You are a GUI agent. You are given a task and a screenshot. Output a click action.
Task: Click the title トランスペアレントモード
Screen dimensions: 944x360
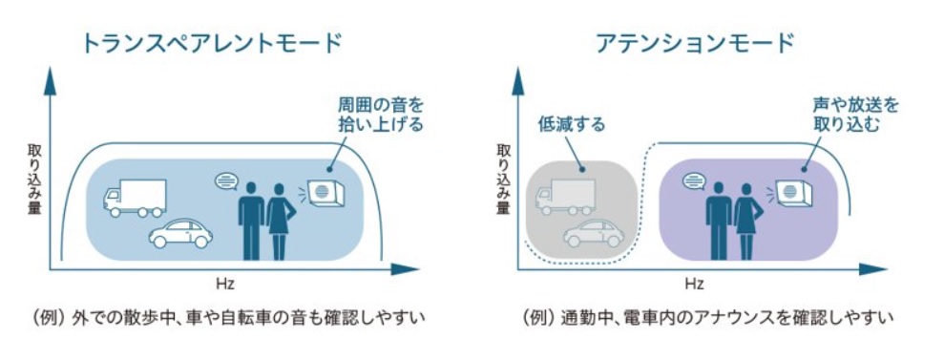tap(212, 43)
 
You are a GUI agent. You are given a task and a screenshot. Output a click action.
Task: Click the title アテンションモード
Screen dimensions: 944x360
tap(696, 43)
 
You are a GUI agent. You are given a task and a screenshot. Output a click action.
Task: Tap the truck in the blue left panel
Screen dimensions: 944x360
tap(135, 198)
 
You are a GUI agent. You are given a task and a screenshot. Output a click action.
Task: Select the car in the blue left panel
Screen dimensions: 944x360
tap(180, 234)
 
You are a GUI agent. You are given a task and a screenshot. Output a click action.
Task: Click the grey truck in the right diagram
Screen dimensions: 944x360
tap(565, 197)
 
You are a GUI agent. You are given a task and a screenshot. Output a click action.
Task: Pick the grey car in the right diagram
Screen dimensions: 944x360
tap(594, 232)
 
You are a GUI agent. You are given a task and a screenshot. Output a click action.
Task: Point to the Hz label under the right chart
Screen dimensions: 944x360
tap(694, 283)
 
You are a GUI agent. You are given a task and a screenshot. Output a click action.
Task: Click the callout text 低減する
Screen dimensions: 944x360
tap(572, 126)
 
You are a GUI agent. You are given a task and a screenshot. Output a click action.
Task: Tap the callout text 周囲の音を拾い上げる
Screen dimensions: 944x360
tap(380, 115)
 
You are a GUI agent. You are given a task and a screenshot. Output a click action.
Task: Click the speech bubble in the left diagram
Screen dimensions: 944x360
tap(227, 180)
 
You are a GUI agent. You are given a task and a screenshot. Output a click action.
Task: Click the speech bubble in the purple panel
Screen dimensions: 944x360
tap(694, 180)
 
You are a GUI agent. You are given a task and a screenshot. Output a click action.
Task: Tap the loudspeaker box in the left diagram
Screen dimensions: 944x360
tap(325, 193)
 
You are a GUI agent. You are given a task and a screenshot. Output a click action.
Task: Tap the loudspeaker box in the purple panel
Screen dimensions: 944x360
tap(793, 193)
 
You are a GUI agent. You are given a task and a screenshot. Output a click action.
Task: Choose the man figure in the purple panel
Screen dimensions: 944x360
tap(718, 221)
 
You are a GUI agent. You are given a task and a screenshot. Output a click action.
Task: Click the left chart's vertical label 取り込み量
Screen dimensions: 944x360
tap(33, 179)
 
